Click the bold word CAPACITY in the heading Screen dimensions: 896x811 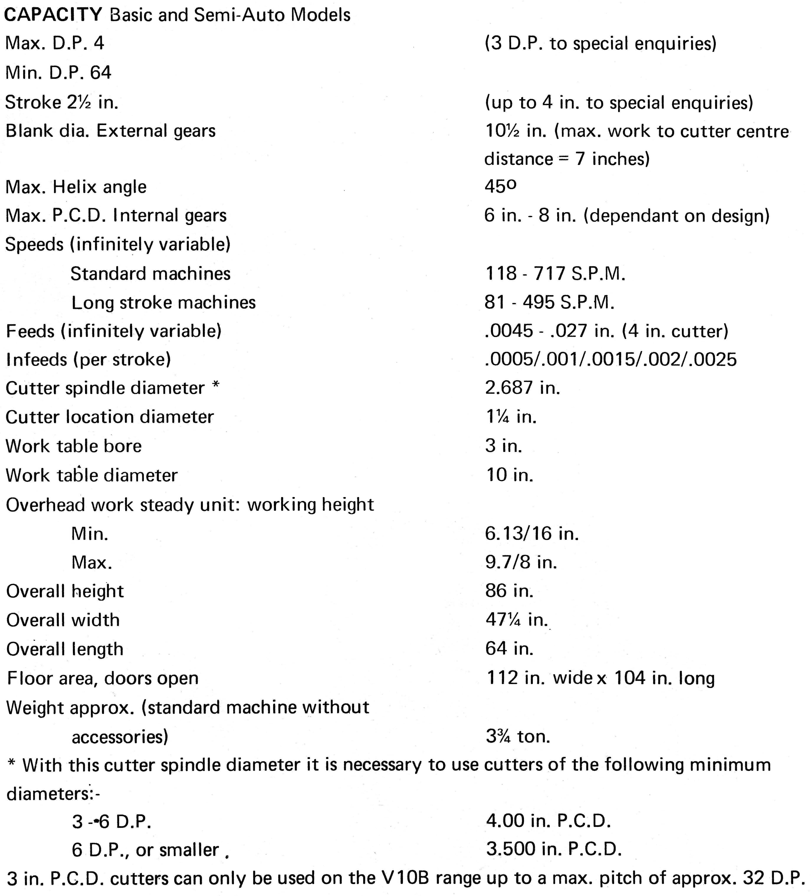point(53,15)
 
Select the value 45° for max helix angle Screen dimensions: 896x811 point(501,187)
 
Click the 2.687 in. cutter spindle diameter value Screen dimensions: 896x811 point(522,388)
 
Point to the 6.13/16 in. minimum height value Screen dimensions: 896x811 point(532,533)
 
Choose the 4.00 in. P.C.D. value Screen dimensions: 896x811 point(548,821)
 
